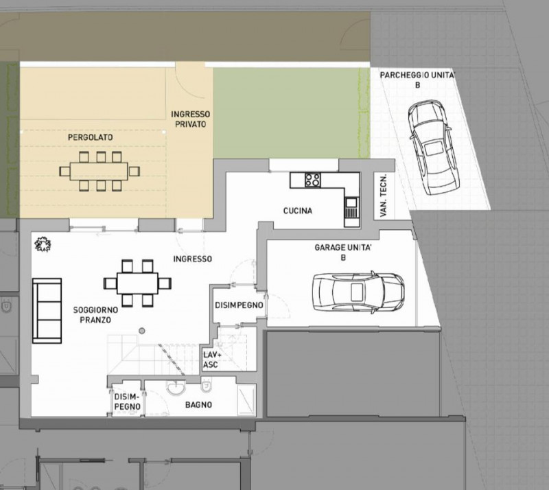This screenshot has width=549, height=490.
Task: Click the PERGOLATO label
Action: tap(91, 137)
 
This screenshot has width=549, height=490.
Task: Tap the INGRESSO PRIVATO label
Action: tap(191, 119)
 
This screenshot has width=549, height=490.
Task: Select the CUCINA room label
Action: tap(298, 211)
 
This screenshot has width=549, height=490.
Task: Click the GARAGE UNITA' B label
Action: tap(342, 252)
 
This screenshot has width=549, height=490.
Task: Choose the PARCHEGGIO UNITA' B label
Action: tap(417, 80)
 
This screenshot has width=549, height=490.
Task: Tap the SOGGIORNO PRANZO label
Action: tap(95, 315)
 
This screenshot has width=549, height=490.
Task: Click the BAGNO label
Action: tap(198, 405)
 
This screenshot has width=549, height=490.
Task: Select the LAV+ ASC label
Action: tap(211, 360)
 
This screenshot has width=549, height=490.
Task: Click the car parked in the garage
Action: tap(358, 292)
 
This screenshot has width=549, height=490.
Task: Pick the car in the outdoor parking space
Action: tap(434, 147)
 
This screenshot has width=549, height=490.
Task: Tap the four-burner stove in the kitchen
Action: tap(312, 180)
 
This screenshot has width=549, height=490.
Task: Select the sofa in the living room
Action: tap(47, 311)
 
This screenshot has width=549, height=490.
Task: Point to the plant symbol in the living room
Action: tap(43, 244)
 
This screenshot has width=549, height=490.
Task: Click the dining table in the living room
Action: tap(137, 283)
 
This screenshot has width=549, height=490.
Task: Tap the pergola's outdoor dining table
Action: tap(100, 172)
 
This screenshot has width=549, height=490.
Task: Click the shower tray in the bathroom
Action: tap(247, 399)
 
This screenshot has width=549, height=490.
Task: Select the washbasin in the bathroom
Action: tap(176, 388)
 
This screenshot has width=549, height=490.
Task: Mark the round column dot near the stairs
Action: tap(142, 331)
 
